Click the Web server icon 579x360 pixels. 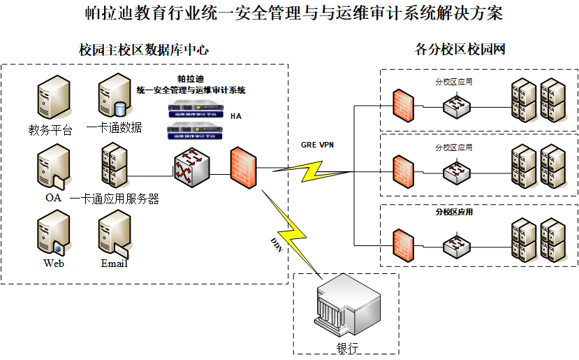[53, 235]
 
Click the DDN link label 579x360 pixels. [277, 244]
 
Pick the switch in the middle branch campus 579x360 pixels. [457, 171]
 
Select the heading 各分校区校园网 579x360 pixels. [460, 50]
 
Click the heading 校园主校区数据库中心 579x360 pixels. [144, 50]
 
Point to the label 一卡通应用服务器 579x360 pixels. [115, 199]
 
